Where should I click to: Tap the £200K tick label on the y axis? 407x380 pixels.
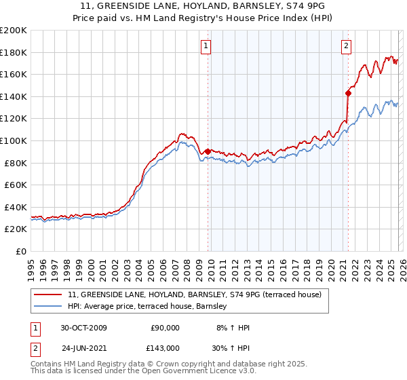coord(14,31)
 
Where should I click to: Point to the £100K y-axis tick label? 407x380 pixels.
coord(14,140)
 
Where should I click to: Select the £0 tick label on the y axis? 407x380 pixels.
coord(21,251)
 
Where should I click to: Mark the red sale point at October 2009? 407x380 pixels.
coord(208,151)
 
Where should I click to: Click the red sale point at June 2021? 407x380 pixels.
coord(348,93)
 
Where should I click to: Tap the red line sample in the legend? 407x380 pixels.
coord(49,294)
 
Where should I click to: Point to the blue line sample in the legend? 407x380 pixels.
coord(49,306)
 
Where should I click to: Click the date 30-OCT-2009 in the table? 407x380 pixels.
coord(83,328)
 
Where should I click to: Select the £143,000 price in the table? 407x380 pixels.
coord(164,347)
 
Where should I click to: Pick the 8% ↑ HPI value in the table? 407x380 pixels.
coord(233,328)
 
